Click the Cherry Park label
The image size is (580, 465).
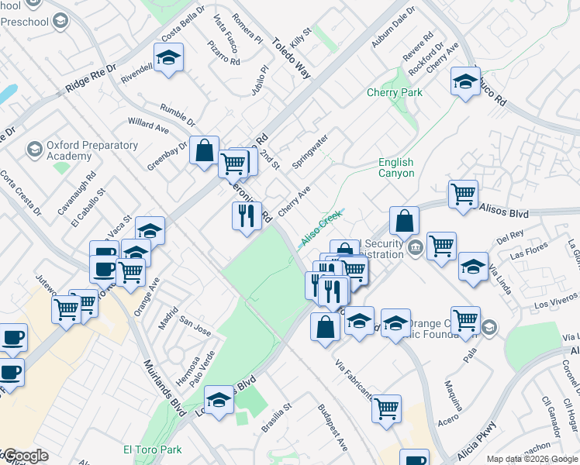pyautogui.click(x=395, y=93)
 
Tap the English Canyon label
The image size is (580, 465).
pyautogui.click(x=395, y=167)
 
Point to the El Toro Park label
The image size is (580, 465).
pyautogui.click(x=152, y=449)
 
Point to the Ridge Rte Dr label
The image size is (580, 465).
pyautogui.click(x=91, y=78)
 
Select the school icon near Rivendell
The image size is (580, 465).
pyautogui.click(x=168, y=59)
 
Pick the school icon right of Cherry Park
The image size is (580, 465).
pyautogui.click(x=464, y=81)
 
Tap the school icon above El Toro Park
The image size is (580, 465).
pyautogui.click(x=219, y=401)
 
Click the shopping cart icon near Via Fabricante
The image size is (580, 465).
pyautogui.click(x=386, y=407)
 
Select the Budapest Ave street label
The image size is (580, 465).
pyautogui.click(x=333, y=427)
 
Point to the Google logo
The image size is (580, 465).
pyautogui.click(x=26, y=456)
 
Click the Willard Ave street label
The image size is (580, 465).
pyautogui.click(x=149, y=125)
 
